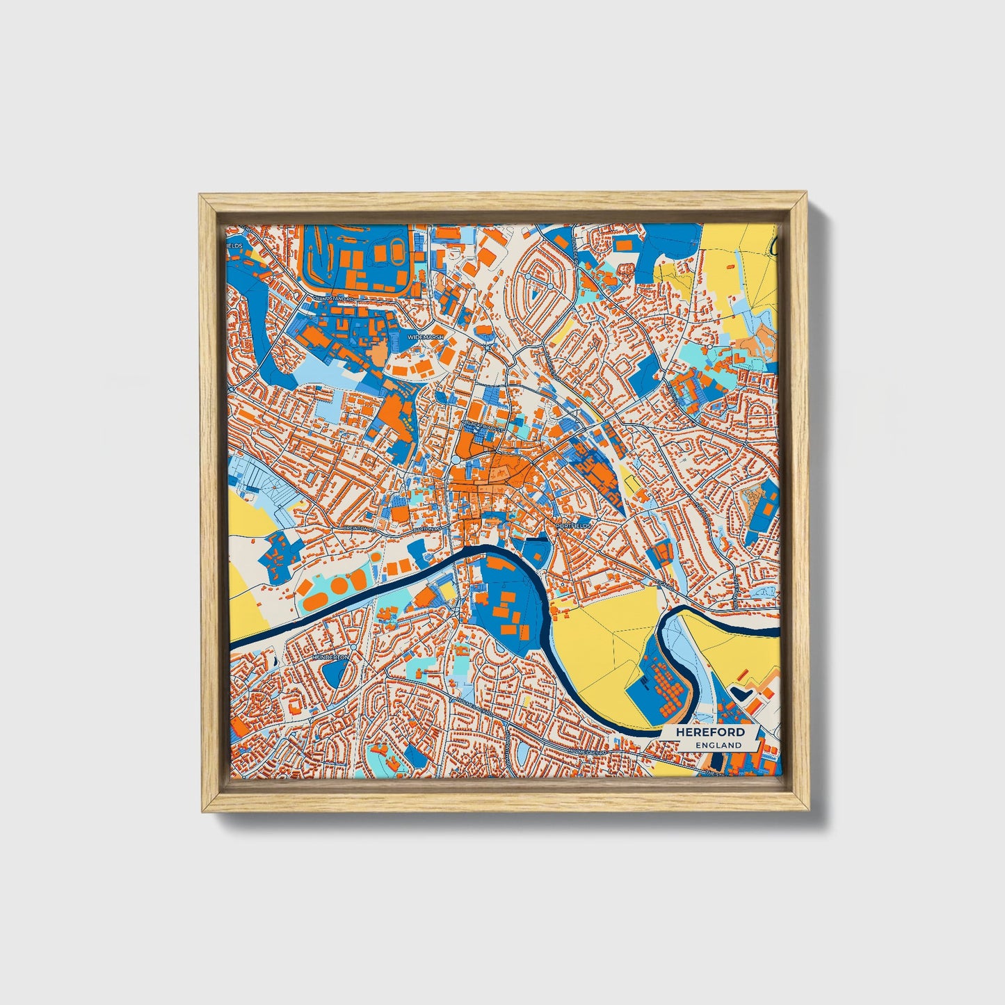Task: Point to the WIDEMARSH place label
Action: (425, 337)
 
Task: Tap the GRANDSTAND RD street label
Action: (334, 298)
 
